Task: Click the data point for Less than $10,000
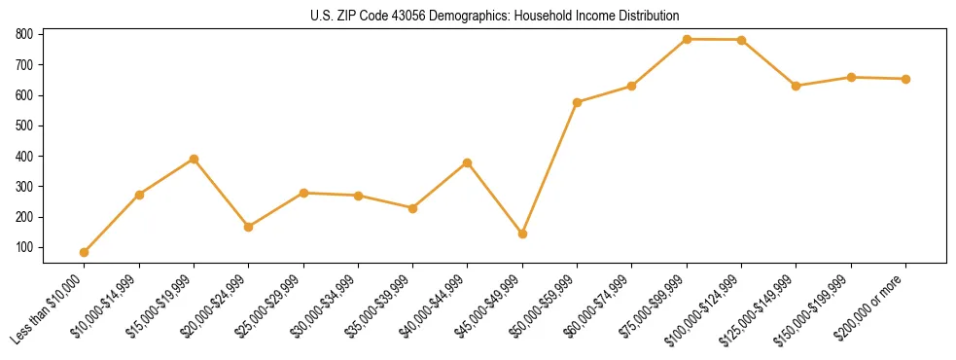click(x=85, y=252)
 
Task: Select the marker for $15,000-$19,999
click(x=195, y=159)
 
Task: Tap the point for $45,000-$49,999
click(x=523, y=234)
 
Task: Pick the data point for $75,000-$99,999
click(x=688, y=39)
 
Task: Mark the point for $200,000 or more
click(x=906, y=79)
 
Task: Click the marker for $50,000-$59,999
click(x=578, y=102)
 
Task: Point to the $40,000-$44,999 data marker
click(x=468, y=162)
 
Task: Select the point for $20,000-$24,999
click(x=249, y=227)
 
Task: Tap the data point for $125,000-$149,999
click(x=797, y=86)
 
